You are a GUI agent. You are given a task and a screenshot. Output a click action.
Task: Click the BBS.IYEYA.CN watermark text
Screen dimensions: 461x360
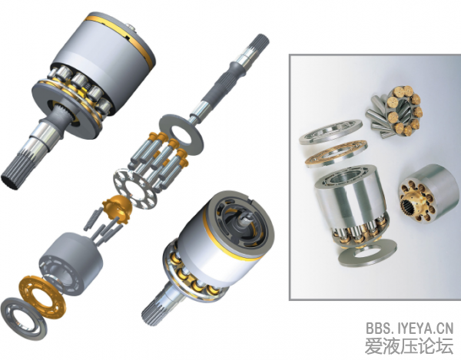(x=410, y=328)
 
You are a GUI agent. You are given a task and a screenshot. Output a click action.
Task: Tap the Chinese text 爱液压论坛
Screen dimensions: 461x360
(x=410, y=346)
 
